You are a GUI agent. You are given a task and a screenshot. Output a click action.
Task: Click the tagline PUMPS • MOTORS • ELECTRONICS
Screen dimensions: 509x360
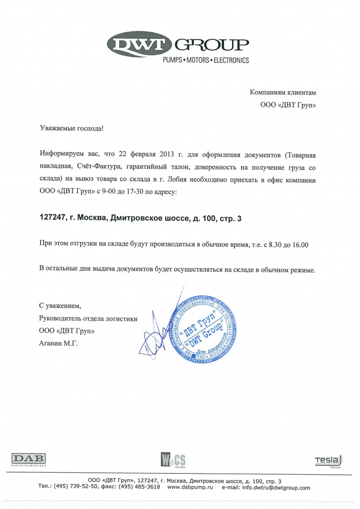(x=206, y=60)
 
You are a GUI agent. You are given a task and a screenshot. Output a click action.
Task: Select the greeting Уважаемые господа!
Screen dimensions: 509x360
(x=72, y=128)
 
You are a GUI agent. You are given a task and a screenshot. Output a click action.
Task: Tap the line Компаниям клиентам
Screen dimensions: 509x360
(x=282, y=93)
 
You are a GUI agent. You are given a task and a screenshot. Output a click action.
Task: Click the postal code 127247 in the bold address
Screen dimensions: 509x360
(x=52, y=217)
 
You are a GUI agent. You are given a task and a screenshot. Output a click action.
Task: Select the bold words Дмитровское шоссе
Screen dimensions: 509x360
(x=149, y=217)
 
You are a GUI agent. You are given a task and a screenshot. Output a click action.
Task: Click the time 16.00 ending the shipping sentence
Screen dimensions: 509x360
(x=300, y=244)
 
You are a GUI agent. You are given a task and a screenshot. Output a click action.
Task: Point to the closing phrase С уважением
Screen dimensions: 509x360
(x=59, y=305)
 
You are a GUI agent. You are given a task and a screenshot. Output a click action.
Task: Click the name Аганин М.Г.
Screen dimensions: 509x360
(x=58, y=343)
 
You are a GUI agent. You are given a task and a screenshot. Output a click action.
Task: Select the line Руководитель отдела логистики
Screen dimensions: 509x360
(x=87, y=318)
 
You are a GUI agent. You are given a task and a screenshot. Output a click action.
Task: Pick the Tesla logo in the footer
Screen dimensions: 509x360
(x=327, y=460)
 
